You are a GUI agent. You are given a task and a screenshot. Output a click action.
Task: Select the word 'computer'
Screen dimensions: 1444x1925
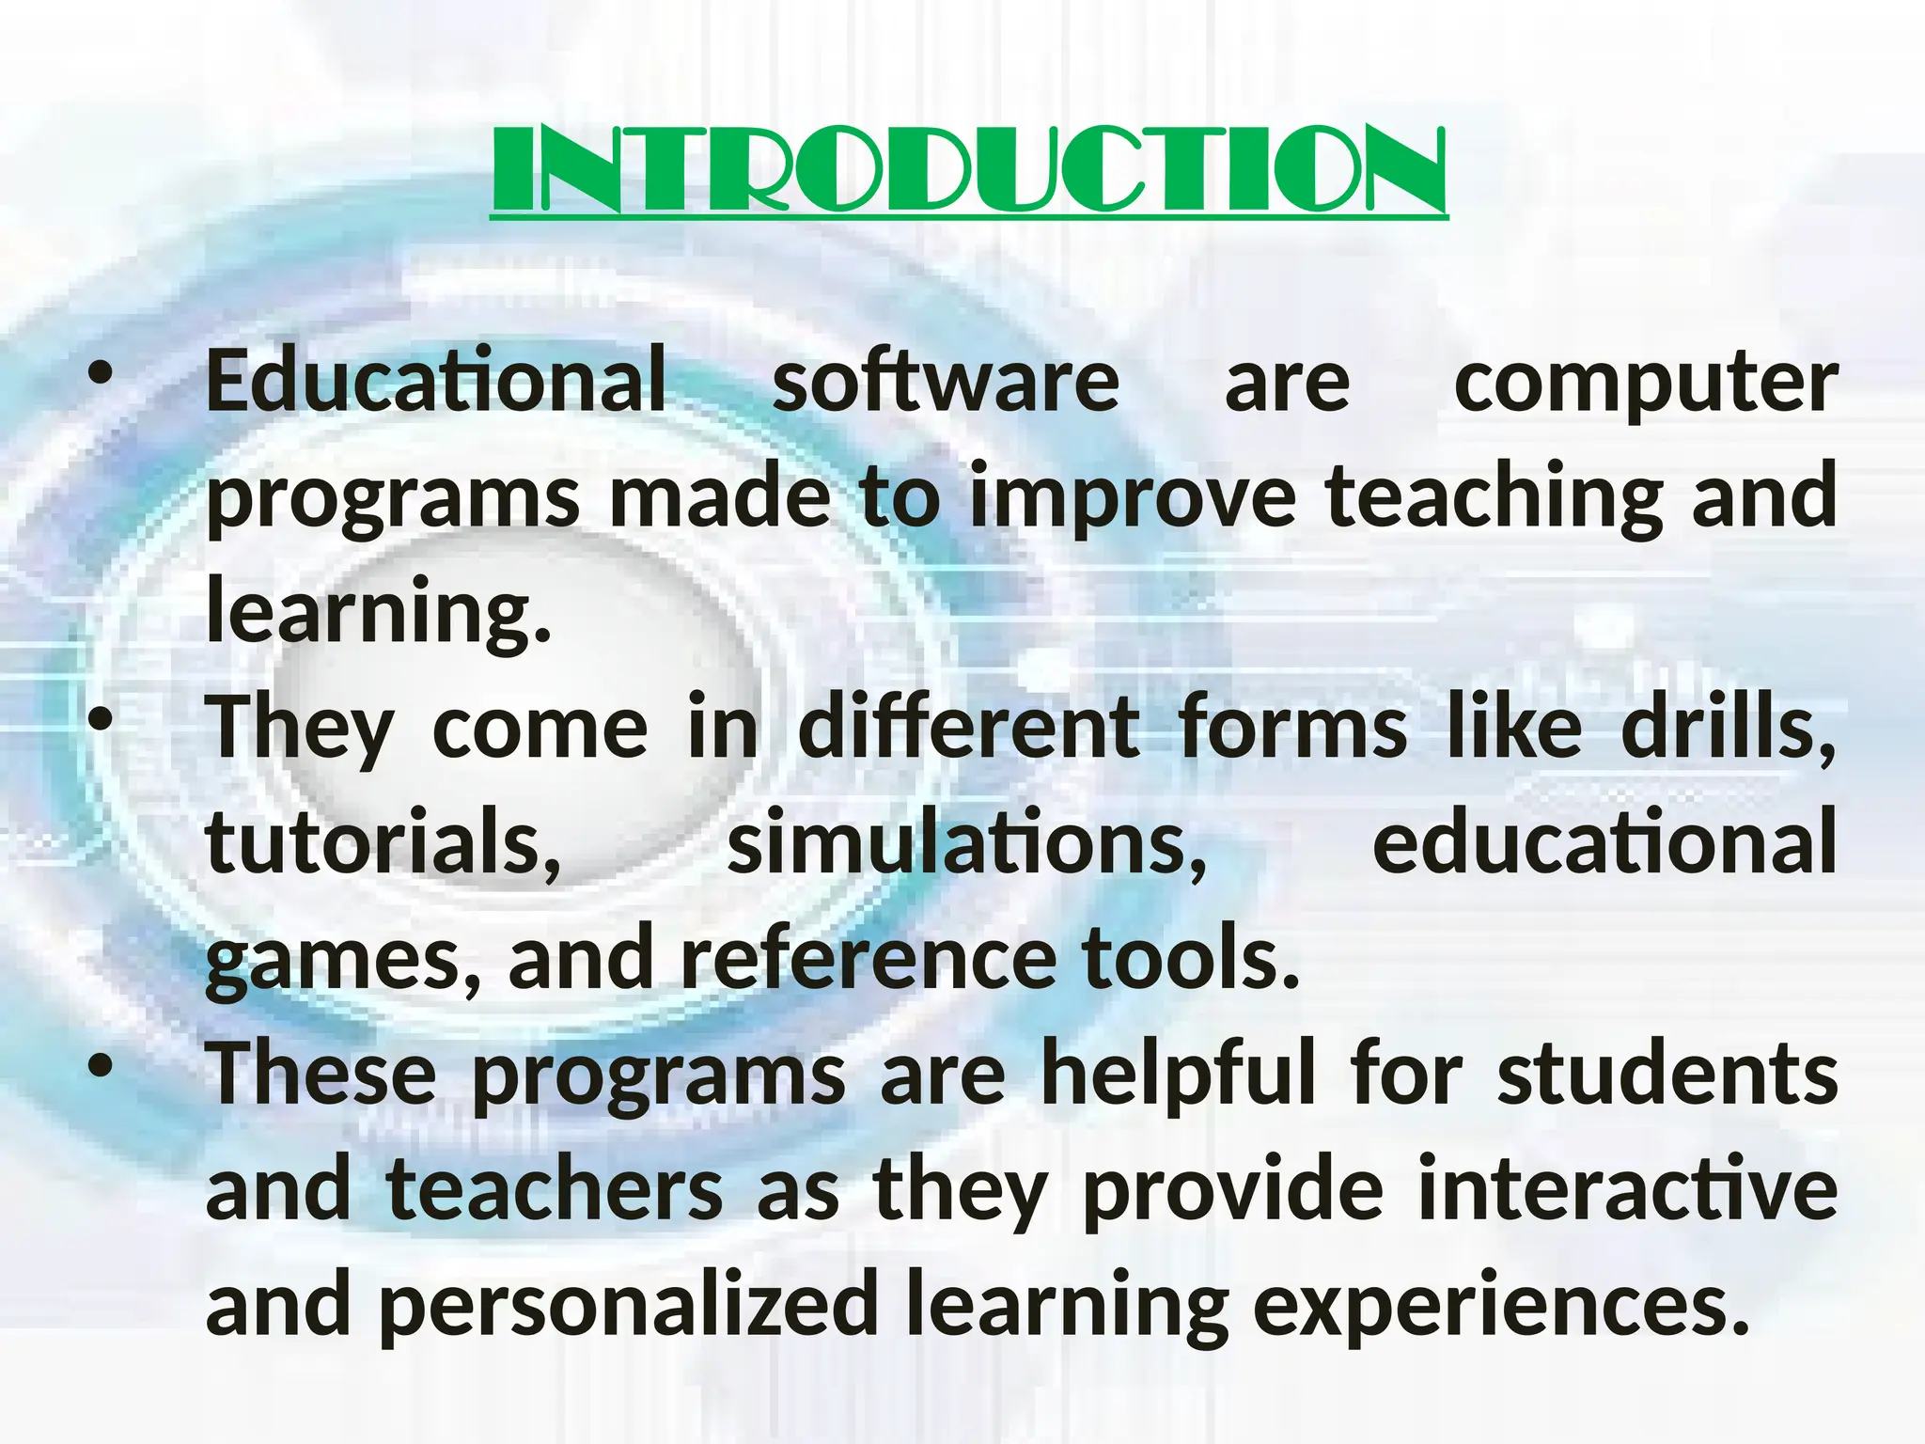pyautogui.click(x=1646, y=384)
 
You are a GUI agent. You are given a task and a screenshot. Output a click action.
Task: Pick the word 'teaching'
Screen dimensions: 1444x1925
pyautogui.click(x=1495, y=498)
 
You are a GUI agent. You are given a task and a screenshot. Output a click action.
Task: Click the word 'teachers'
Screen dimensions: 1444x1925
pyautogui.click(x=555, y=1189)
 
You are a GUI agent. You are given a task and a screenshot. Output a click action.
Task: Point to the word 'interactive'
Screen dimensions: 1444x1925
pyautogui.click(x=1627, y=1189)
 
